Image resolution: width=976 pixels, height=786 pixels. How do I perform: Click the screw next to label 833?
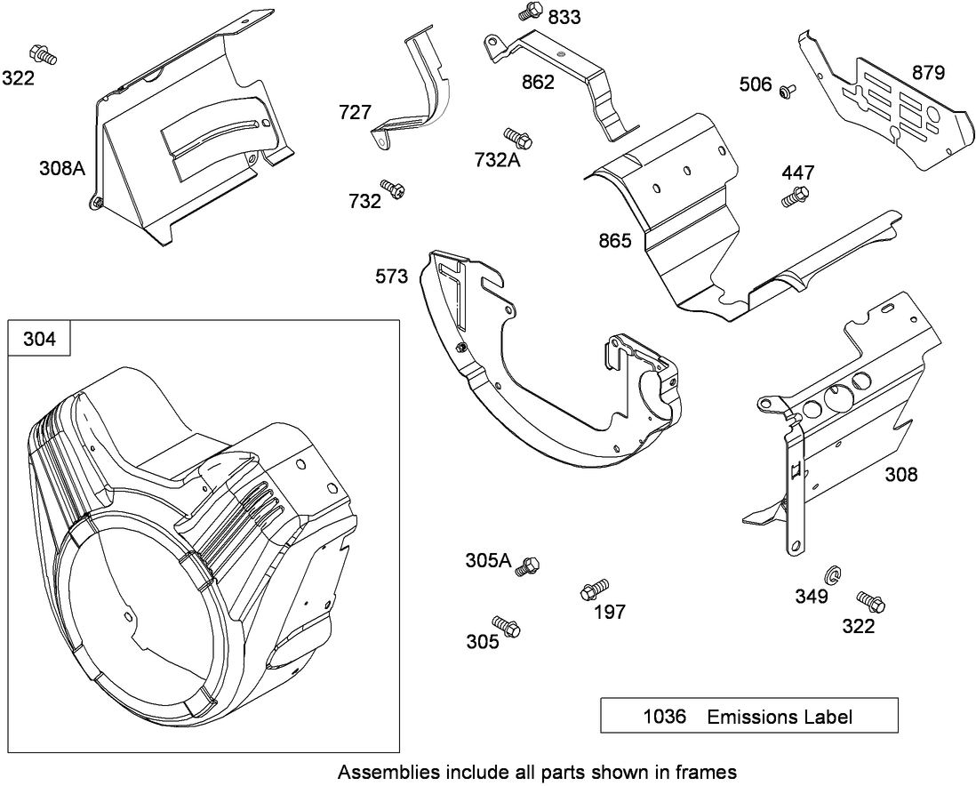[x=530, y=12]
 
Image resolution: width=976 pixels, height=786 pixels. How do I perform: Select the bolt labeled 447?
[x=795, y=196]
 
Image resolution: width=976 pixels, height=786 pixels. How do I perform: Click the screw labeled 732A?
[x=516, y=138]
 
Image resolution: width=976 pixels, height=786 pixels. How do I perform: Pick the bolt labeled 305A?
[x=530, y=564]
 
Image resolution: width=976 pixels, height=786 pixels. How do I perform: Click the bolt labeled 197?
[x=594, y=589]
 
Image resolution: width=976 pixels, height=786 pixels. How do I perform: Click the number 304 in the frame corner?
[x=39, y=339]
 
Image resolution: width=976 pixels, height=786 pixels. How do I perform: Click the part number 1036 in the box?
[x=665, y=717]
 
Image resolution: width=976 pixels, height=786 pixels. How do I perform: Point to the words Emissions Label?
[x=780, y=717]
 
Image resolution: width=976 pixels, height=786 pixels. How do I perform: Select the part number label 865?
[x=616, y=241]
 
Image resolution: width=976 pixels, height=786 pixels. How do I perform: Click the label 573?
[x=391, y=277]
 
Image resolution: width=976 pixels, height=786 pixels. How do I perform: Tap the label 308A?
[x=61, y=167]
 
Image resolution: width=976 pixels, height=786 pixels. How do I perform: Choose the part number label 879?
[x=929, y=73]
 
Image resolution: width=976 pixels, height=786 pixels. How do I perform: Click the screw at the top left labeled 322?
[x=43, y=53]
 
